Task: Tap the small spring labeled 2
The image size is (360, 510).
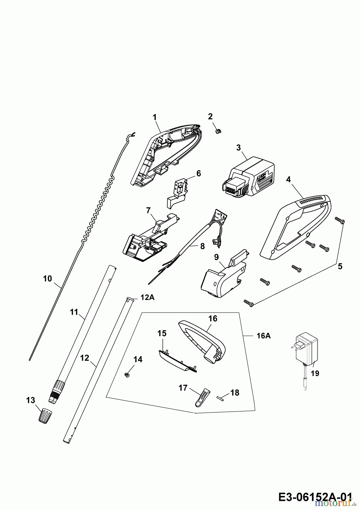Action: (219, 131)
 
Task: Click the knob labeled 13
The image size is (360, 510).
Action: (45, 416)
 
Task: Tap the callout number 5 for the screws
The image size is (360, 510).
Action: (340, 267)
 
